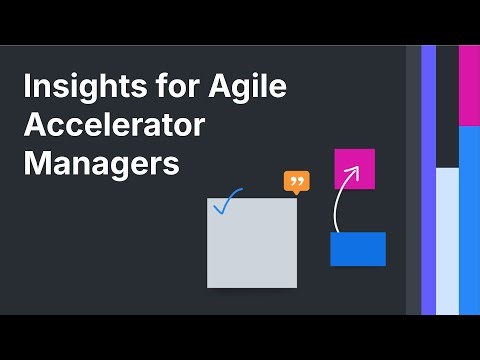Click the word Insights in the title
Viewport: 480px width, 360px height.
click(74, 88)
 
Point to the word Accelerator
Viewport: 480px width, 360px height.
click(114, 126)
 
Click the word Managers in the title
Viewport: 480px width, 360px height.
click(100, 162)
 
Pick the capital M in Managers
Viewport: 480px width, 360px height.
click(36, 162)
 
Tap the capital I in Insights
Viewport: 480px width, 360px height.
click(27, 88)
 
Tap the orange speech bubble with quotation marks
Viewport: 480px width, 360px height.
click(296, 182)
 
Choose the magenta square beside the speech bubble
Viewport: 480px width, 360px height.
click(354, 169)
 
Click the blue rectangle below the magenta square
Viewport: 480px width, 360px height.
click(357, 249)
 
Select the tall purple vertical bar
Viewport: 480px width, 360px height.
click(428, 180)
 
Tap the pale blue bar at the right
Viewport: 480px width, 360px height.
click(447, 240)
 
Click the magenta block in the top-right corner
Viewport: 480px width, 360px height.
click(469, 85)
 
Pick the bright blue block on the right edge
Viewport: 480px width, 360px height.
click(469, 220)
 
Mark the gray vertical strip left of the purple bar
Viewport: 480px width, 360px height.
click(413, 180)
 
